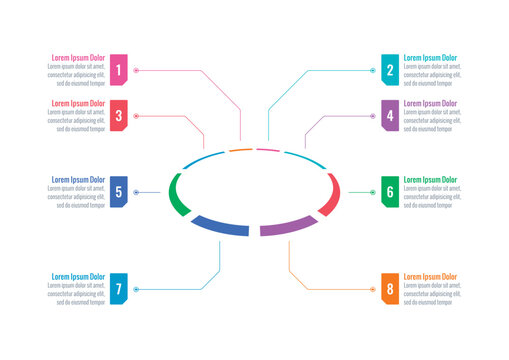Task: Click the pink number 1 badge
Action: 119,69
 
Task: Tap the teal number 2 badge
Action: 390,69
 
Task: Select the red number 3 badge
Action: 119,115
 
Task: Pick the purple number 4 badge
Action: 390,115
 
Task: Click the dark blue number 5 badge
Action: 119,192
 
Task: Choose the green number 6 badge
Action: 390,192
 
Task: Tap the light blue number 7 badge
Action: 119,289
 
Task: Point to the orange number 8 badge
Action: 390,289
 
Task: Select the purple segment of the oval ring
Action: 288,226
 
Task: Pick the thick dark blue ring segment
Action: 220,227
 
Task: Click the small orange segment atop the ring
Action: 240,151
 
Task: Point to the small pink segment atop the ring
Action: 267,151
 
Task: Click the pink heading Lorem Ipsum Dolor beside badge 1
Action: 78,58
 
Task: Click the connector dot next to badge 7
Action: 136,289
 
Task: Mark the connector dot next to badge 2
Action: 373,70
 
